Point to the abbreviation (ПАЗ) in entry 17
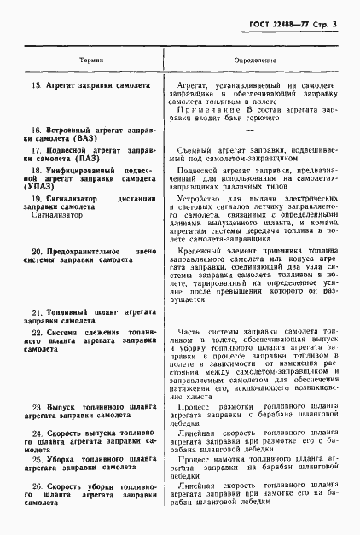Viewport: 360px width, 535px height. (x=85, y=158)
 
